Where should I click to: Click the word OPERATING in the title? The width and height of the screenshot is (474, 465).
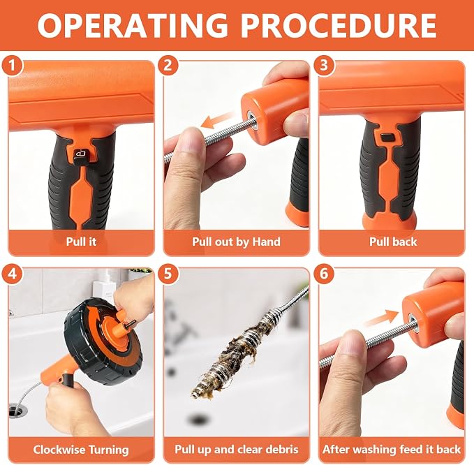point(133,25)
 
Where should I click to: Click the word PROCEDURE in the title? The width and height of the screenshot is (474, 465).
point(339,25)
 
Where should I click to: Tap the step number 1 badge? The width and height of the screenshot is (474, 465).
point(12,65)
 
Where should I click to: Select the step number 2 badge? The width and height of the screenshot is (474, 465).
point(168,65)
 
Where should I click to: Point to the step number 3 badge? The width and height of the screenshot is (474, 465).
point(324,65)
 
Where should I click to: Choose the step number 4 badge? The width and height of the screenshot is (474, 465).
point(12,274)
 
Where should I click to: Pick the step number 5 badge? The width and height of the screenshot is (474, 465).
point(168,274)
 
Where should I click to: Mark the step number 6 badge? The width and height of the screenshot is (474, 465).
point(324,274)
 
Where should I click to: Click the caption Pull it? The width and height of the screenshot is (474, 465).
point(81,242)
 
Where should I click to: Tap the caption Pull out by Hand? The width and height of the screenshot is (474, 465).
point(237,242)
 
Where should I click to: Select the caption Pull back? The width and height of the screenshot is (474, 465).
point(393,242)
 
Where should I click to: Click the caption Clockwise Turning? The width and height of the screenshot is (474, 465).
point(81,450)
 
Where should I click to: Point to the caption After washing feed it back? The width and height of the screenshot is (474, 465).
point(392,449)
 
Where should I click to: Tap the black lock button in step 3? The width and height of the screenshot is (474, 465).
point(387,138)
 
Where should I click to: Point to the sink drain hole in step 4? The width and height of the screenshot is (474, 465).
point(18,411)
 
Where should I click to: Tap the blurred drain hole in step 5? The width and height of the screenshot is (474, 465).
point(198,420)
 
